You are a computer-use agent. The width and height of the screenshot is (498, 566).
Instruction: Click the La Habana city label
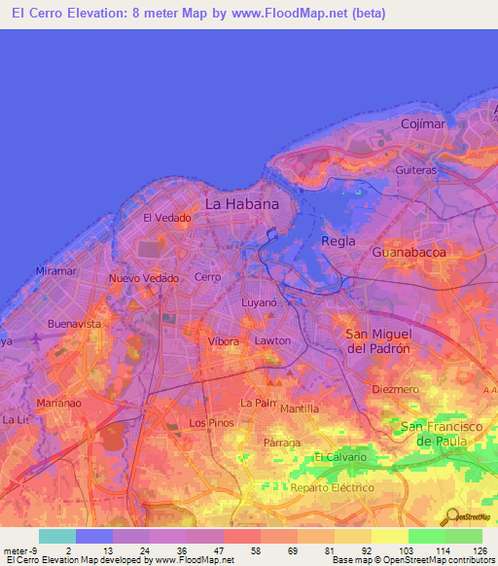tap(241, 204)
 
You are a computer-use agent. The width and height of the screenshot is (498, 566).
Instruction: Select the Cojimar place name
tap(424, 124)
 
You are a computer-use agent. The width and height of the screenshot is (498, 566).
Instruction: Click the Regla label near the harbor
tap(338, 240)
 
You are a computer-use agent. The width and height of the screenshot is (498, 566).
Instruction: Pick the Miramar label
tap(56, 271)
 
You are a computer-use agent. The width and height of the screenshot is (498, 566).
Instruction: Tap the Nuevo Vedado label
tap(144, 278)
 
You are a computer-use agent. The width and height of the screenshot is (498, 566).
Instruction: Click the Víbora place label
tap(224, 342)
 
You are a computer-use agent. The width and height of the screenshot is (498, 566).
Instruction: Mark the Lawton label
tap(272, 341)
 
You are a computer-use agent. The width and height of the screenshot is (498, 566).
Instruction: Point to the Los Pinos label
tap(211, 423)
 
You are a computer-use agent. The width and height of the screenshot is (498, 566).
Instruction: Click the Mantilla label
tap(300, 408)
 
